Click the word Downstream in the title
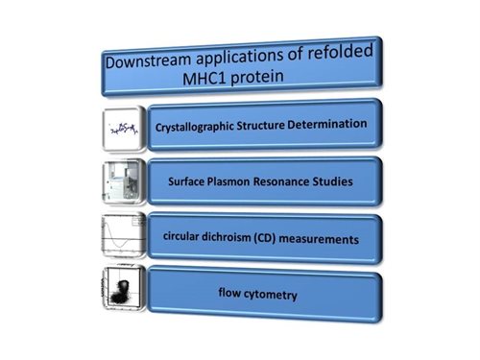148,60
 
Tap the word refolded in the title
341,52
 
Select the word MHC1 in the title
204,79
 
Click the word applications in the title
240,58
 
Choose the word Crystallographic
195,127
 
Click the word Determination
327,124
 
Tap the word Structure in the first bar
260,125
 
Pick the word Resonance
281,181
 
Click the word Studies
332,181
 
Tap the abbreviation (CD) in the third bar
265,238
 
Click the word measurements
319,239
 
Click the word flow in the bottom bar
229,292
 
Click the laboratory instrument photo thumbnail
123,181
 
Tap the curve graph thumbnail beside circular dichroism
123,235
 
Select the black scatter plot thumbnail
123,288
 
